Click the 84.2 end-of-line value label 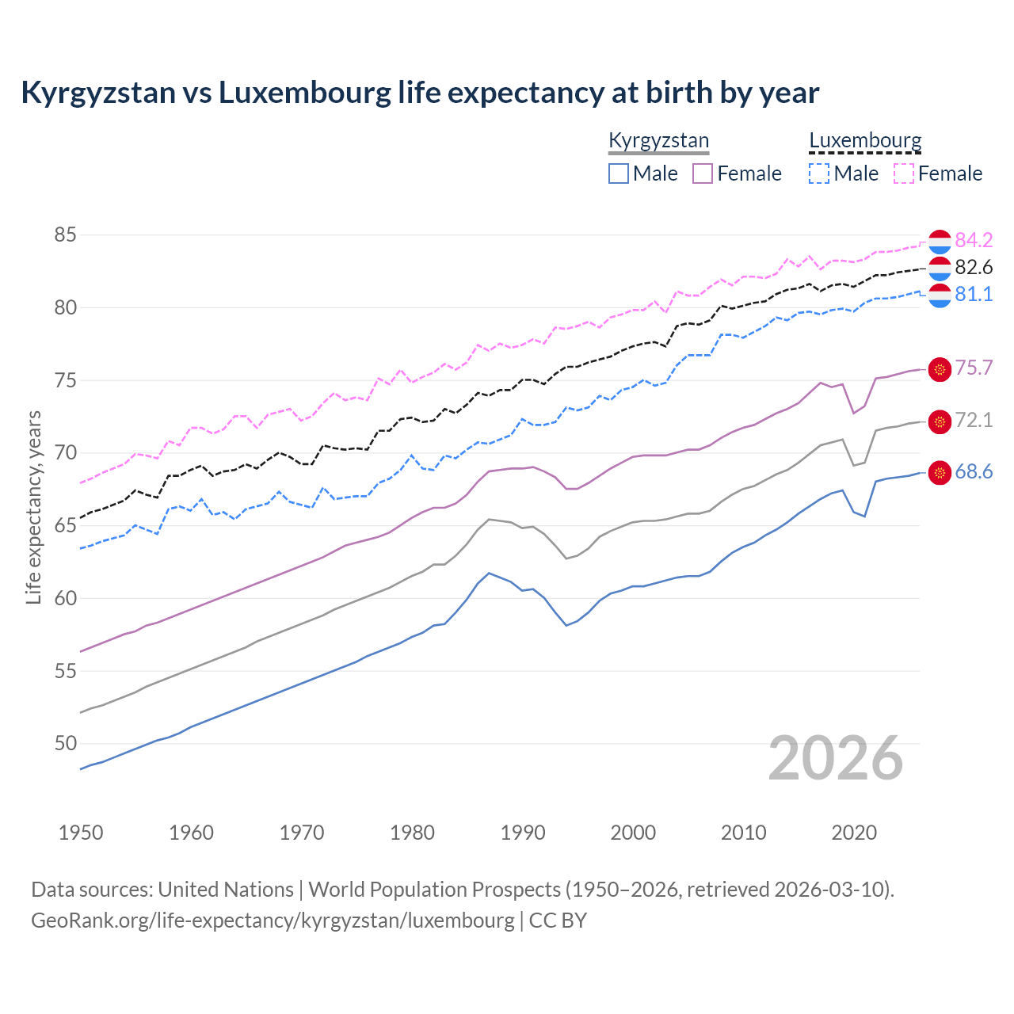[974, 240]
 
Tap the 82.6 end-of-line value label [974, 267]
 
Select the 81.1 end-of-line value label [974, 294]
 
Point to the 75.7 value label [974, 368]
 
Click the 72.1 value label [974, 420]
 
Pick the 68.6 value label [974, 471]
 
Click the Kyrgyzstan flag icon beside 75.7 [940, 369]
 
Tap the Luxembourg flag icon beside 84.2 [940, 241]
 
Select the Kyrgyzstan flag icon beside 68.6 [940, 473]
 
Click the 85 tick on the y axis [66, 234]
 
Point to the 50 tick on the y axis [66, 743]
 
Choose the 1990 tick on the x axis [523, 833]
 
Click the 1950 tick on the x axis [82, 833]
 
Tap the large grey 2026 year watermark [836, 758]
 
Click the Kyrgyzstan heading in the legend [658, 141]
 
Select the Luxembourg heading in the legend [865, 141]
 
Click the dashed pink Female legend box [904, 173]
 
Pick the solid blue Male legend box [619, 173]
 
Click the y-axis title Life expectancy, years [33, 507]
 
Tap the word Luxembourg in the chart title [305, 93]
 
